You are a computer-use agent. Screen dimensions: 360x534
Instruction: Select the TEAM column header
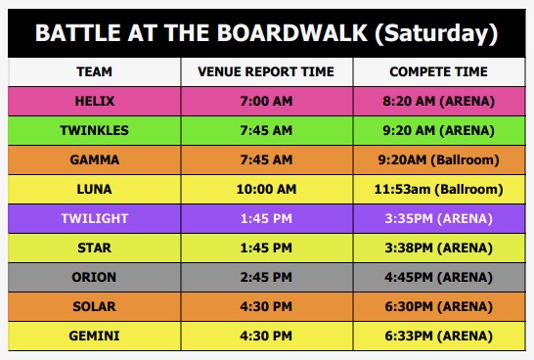(94, 71)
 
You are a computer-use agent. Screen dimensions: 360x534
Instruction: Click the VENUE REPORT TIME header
(266, 71)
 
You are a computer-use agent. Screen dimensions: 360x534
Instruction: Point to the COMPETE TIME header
(439, 71)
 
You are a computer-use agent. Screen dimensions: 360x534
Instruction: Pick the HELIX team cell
(94, 101)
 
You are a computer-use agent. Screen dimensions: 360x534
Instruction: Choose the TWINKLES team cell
(94, 130)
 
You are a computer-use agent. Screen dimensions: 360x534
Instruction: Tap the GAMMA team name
(94, 159)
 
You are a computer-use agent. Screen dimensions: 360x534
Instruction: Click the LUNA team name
(94, 189)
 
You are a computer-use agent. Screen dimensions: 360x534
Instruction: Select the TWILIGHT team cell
(94, 218)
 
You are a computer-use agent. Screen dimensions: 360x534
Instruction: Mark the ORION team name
(94, 277)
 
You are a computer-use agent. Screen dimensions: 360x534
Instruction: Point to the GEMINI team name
(94, 336)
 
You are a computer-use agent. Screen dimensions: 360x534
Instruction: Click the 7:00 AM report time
(266, 101)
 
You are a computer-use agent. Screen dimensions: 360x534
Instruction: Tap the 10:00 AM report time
(266, 189)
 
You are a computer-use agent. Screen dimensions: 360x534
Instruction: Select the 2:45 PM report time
(266, 277)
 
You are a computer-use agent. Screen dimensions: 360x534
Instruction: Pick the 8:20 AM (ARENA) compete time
(439, 101)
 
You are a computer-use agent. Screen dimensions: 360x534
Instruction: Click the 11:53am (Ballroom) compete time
(439, 189)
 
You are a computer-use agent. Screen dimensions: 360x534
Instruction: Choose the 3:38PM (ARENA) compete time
(439, 247)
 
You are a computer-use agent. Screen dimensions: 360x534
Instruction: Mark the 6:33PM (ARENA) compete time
(439, 336)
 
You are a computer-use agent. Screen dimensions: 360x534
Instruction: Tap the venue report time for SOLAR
(266, 306)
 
